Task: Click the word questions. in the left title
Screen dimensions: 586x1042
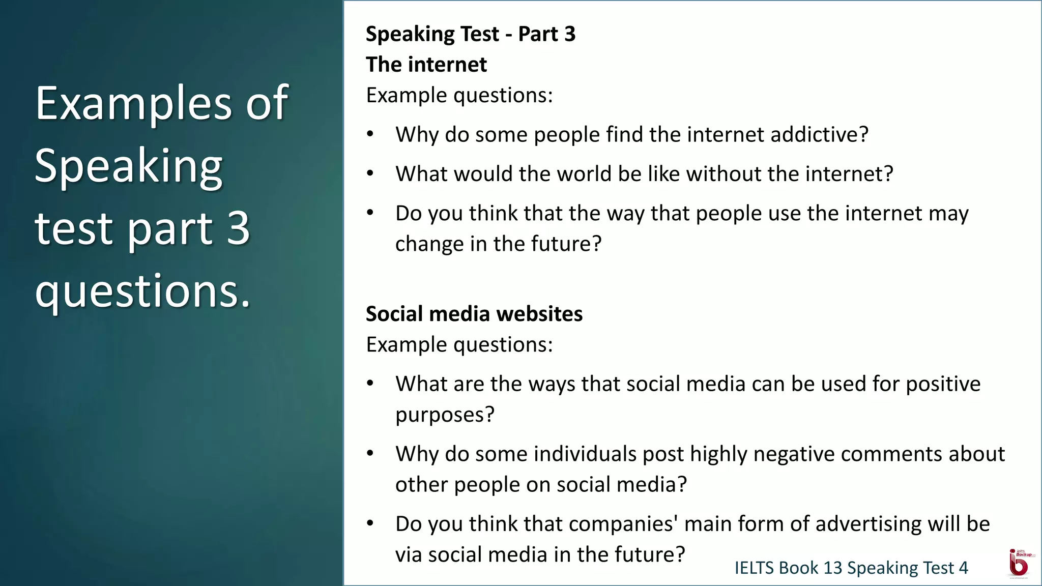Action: pos(143,290)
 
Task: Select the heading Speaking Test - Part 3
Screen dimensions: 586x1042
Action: pos(470,34)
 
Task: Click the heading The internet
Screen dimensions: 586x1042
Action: pos(426,65)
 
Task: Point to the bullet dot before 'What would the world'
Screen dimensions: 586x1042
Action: pos(370,173)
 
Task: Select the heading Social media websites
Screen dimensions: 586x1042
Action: pos(474,314)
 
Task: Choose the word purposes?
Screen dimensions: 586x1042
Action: pos(445,415)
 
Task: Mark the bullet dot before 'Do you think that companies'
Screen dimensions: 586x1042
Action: pos(370,523)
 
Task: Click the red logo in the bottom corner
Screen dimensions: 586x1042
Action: pos(1019,563)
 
